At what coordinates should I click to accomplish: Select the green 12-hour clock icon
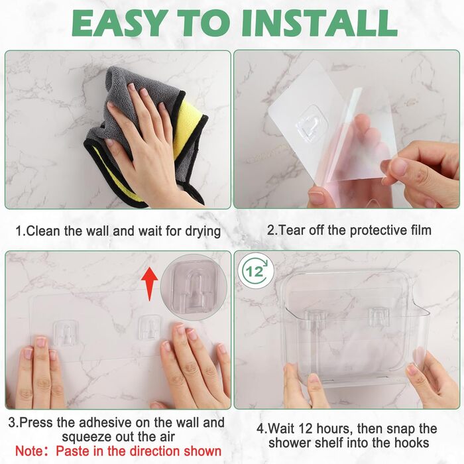[255, 271]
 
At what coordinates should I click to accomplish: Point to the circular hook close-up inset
[194, 287]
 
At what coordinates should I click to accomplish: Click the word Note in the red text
[29, 451]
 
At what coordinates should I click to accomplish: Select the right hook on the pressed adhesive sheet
[150, 327]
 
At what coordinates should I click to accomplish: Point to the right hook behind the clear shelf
[378, 317]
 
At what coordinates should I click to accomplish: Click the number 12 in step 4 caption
[306, 428]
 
